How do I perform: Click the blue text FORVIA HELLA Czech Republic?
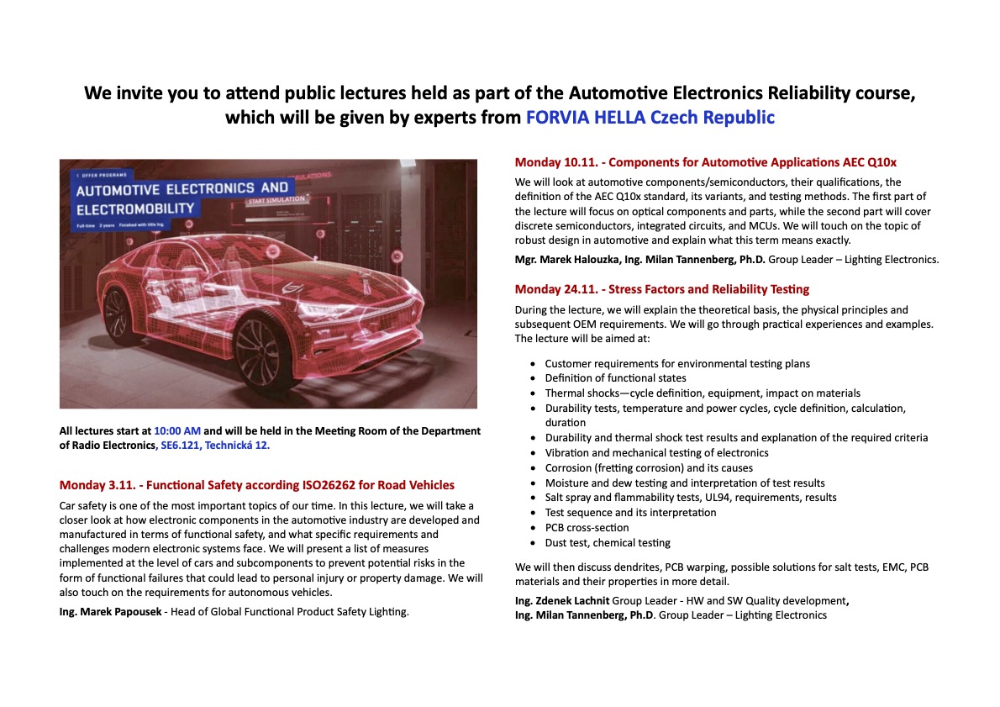[x=650, y=118]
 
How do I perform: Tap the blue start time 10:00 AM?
[x=177, y=430]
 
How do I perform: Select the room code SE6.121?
[x=181, y=446]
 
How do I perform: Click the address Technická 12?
[x=238, y=446]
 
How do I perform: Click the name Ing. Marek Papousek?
[x=113, y=611]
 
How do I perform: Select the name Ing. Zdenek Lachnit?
[x=562, y=600]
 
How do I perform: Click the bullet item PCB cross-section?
[x=587, y=527]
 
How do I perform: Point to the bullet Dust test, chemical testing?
[x=608, y=542]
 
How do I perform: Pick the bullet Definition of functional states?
[x=615, y=378]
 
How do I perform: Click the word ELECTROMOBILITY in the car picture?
[x=135, y=208]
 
